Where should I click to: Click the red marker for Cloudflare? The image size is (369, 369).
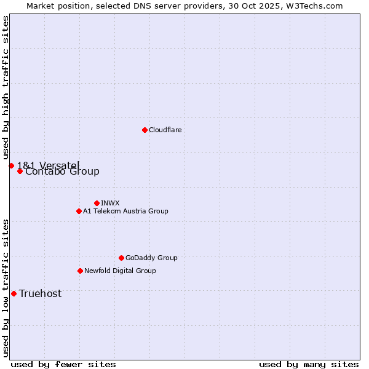click(145, 130)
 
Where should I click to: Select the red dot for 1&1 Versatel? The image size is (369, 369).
click(11, 165)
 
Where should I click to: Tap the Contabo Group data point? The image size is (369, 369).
click(20, 171)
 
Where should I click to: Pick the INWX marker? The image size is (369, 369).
click(97, 203)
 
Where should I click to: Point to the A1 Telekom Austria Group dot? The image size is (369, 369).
click(79, 211)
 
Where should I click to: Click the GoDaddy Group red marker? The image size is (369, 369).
click(121, 258)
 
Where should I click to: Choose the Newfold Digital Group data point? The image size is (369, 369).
click(80, 271)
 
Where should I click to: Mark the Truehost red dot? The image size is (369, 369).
click(14, 293)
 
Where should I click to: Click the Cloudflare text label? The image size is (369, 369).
click(165, 130)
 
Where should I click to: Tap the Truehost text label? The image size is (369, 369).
click(40, 293)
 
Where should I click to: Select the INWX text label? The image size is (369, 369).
click(110, 203)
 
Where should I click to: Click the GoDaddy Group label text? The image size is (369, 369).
click(151, 258)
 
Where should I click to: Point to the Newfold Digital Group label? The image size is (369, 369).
click(120, 271)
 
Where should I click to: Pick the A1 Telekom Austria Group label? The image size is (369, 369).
click(125, 211)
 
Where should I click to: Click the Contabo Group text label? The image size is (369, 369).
click(62, 172)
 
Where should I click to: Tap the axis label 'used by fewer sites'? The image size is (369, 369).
click(63, 364)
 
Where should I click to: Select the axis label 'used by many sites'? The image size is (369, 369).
click(309, 364)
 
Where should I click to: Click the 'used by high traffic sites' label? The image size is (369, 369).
click(6, 88)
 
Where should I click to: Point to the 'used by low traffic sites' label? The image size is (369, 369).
click(6, 287)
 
